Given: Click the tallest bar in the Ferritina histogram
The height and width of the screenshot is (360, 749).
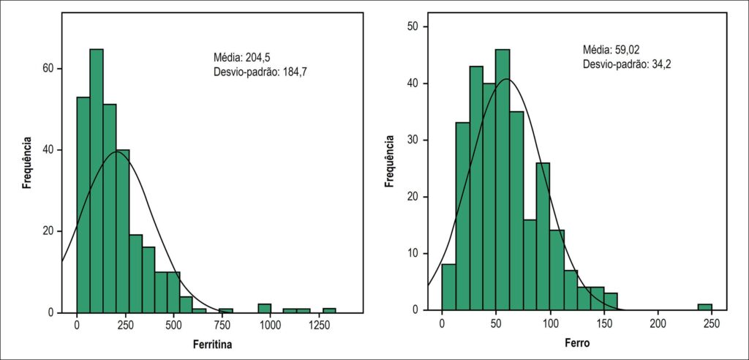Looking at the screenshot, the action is (97, 181).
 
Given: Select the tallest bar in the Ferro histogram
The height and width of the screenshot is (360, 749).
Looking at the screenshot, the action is (503, 180).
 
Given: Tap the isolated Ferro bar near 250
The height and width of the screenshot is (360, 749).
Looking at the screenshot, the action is (704, 307).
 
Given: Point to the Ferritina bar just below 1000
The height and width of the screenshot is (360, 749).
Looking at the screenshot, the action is (265, 308).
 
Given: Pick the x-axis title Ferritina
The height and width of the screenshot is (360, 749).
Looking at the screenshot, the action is (213, 344).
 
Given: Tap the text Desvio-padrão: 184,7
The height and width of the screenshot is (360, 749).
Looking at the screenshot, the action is (263, 72).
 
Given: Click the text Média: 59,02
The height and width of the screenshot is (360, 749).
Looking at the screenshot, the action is (611, 50).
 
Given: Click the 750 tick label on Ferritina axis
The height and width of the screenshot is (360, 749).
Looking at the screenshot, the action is (222, 324).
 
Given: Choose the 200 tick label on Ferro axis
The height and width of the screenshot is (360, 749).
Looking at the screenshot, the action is (658, 323).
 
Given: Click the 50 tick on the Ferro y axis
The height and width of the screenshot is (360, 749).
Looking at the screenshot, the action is (418, 27).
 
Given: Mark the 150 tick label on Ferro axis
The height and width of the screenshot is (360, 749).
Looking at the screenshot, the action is (603, 323).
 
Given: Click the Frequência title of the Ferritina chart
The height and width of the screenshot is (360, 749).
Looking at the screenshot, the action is (28, 163).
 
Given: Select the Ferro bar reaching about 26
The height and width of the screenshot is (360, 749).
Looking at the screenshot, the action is (543, 236).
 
